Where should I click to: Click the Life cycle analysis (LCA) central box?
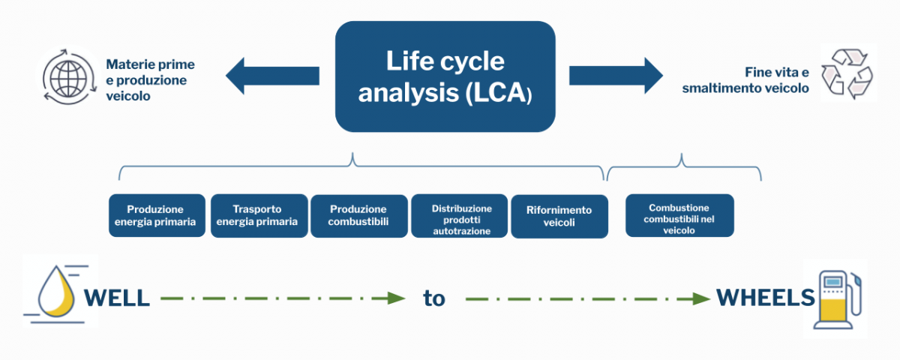pyautogui.click(x=445, y=76)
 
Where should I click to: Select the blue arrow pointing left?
pyautogui.click(x=272, y=76)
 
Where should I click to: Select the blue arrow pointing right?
pyautogui.click(x=616, y=76)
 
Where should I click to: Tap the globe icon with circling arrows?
pyautogui.click(x=69, y=76)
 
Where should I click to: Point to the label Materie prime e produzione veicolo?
pyautogui.click(x=150, y=80)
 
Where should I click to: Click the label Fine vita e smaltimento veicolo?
pyautogui.click(x=745, y=80)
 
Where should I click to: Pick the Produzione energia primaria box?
pyautogui.click(x=157, y=216)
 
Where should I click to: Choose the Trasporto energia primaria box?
pyautogui.click(x=259, y=216)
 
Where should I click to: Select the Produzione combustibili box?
pyautogui.click(x=358, y=216)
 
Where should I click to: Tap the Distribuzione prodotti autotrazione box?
pyautogui.click(x=459, y=216)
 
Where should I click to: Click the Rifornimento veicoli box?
pyautogui.click(x=559, y=217)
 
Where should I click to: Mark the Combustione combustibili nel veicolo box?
pyautogui.click(x=679, y=216)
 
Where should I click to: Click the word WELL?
pyautogui.click(x=116, y=298)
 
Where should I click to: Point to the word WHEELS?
pyautogui.click(x=766, y=298)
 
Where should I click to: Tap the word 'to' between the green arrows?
pyautogui.click(x=434, y=298)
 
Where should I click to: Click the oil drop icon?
pyautogui.click(x=56, y=291)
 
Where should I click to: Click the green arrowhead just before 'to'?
pyautogui.click(x=396, y=298)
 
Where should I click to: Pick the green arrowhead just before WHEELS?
pyautogui.click(x=702, y=298)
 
